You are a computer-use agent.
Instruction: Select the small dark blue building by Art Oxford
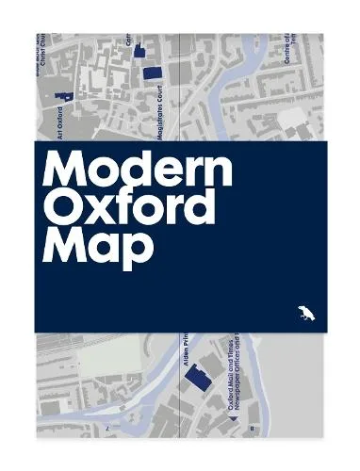click(x=64, y=96)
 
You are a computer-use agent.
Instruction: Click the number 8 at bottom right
click(x=253, y=429)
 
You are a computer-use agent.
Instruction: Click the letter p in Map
click(x=138, y=251)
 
